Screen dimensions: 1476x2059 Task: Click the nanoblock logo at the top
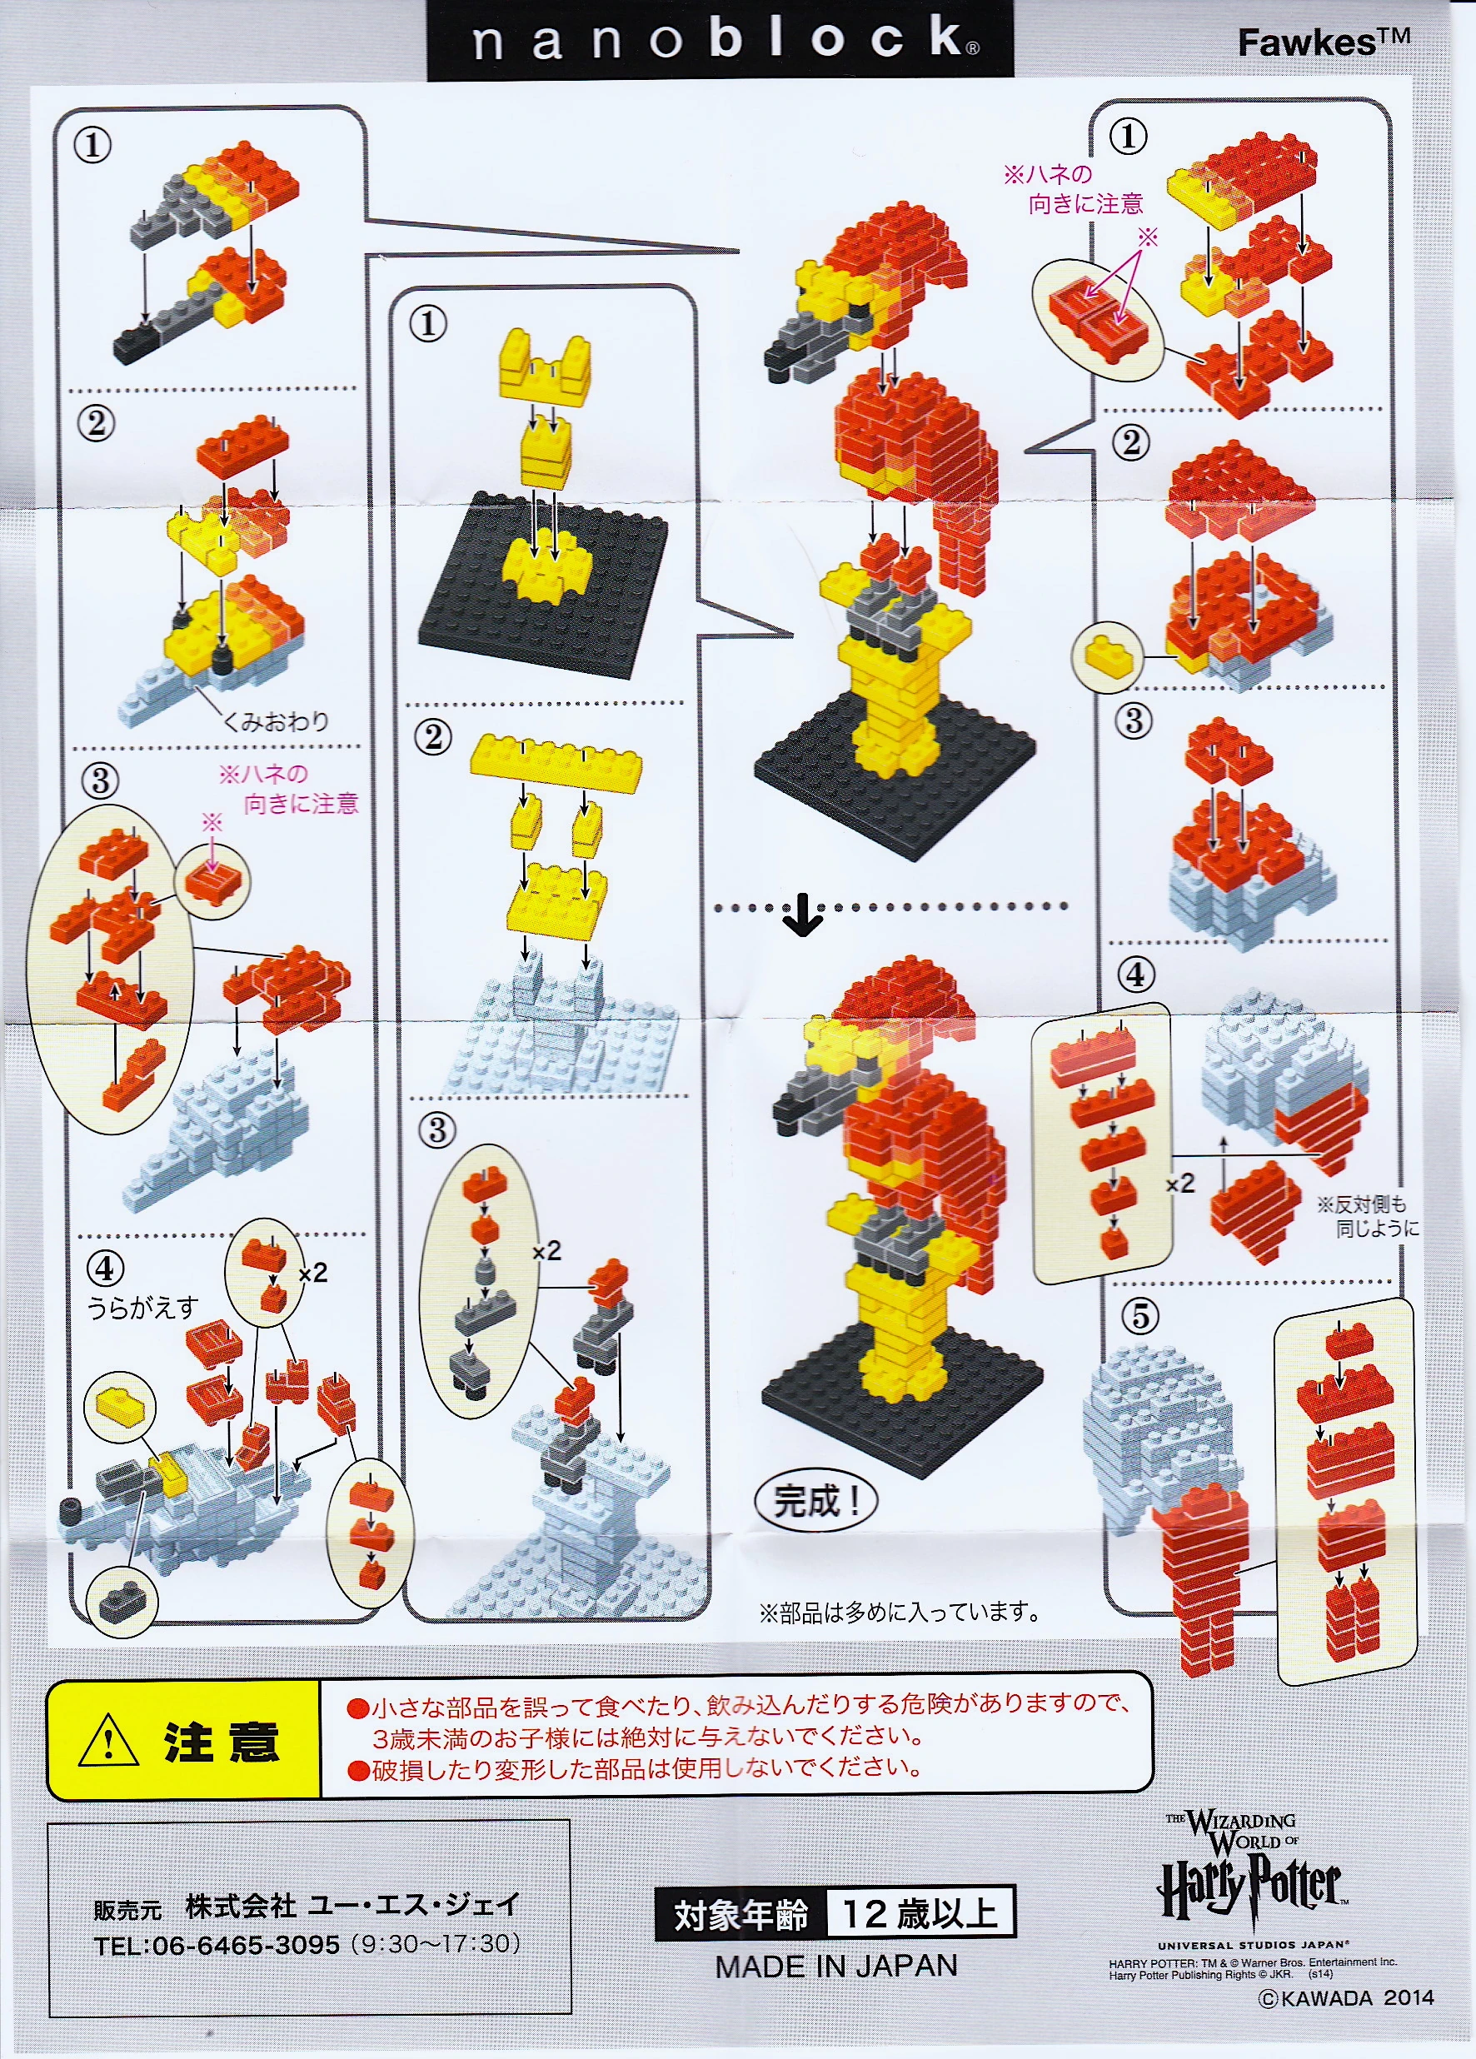click(x=720, y=40)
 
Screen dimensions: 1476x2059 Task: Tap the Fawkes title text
click(x=1324, y=42)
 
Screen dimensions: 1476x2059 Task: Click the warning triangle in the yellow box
click(x=109, y=1739)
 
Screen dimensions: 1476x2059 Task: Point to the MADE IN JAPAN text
click(x=836, y=1967)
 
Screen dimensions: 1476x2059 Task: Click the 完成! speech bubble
click(x=816, y=1501)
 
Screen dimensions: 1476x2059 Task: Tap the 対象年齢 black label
click(x=740, y=1914)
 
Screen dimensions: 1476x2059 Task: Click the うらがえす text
click(x=142, y=1308)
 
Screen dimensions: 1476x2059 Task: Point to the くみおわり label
click(x=276, y=722)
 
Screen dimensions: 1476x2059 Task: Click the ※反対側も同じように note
click(x=1367, y=1217)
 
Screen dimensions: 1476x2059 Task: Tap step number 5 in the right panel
click(x=1140, y=1315)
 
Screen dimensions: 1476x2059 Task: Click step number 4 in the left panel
click(x=104, y=1269)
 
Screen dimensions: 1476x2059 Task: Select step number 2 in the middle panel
click(x=433, y=736)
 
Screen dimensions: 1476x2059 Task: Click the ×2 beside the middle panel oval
click(x=546, y=1251)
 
